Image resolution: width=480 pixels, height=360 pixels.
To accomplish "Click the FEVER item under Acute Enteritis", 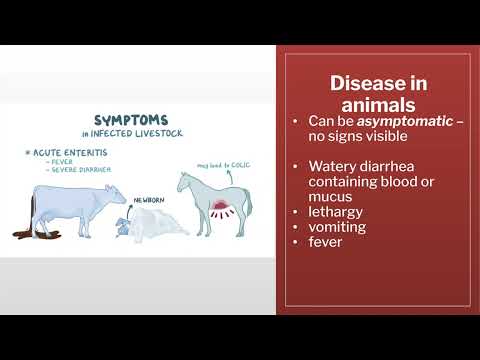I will coord(55,164).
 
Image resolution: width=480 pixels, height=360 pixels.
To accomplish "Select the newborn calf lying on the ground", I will coord(122,227).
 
